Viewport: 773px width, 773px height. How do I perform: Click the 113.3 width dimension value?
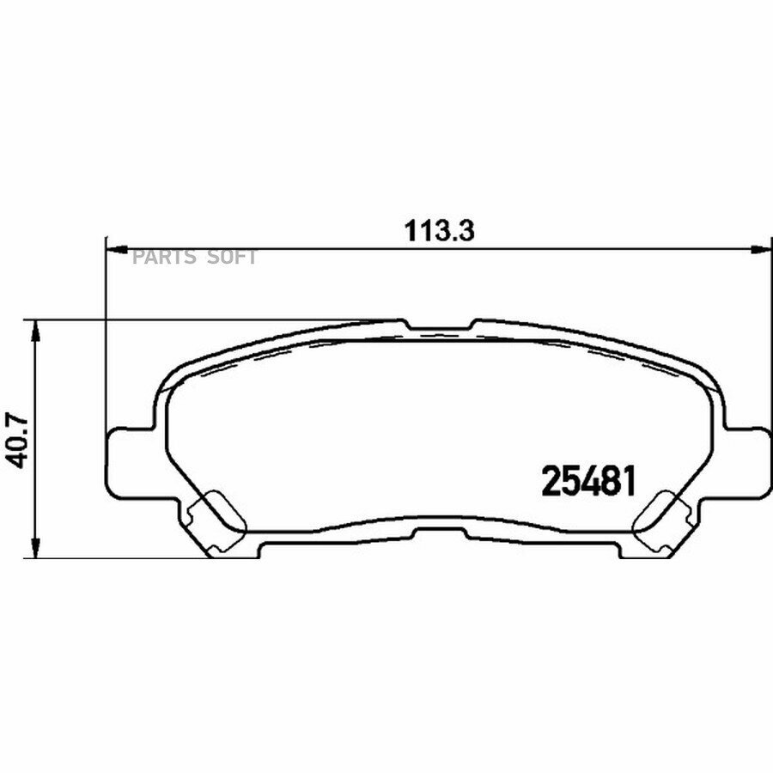[439, 231]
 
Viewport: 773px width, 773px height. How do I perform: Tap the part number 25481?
[588, 481]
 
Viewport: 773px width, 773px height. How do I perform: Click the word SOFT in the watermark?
[231, 257]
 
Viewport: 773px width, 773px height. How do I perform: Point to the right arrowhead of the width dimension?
[760, 250]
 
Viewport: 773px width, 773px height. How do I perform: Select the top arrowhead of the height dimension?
[34, 332]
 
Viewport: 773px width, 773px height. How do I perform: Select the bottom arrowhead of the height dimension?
[34, 547]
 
